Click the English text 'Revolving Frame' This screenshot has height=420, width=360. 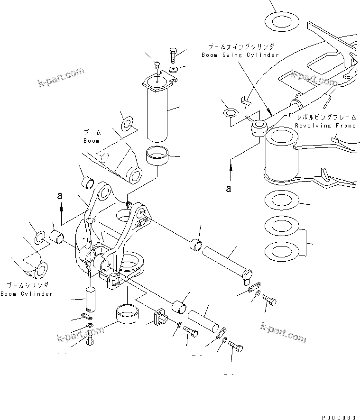point(325,126)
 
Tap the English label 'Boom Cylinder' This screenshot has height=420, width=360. point(27,294)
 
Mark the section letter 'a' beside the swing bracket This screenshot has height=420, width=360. point(60,195)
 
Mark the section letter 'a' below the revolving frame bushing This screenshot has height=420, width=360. point(230,188)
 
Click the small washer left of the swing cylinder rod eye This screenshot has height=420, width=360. point(231,113)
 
